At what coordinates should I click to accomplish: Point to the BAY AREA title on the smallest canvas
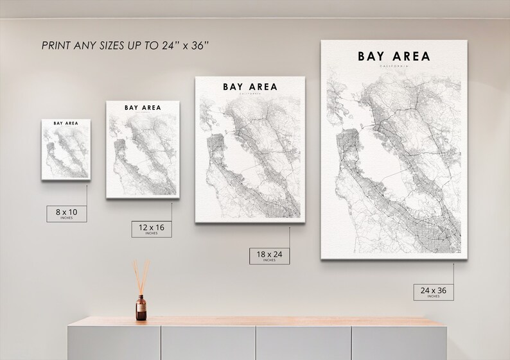click(x=67, y=124)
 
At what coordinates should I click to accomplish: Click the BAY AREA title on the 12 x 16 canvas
click(x=143, y=107)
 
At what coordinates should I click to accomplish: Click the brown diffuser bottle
click(x=141, y=307)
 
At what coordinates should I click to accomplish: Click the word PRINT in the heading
click(x=55, y=46)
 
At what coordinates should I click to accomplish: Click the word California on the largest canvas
click(x=393, y=66)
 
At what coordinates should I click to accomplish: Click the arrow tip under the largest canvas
click(x=453, y=264)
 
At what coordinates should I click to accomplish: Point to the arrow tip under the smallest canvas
click(x=87, y=186)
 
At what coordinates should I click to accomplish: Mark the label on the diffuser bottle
click(x=141, y=311)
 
